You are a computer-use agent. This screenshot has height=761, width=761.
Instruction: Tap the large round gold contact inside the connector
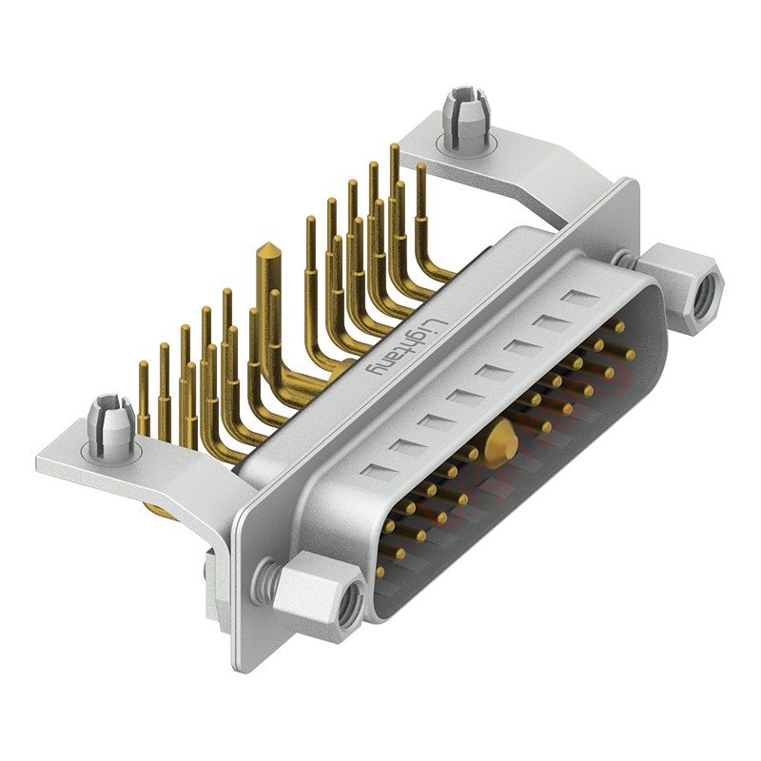tap(500, 442)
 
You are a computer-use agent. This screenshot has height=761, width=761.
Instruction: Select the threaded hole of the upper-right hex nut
tap(704, 296)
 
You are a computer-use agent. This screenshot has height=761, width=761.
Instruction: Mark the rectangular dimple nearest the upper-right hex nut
tap(576, 299)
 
